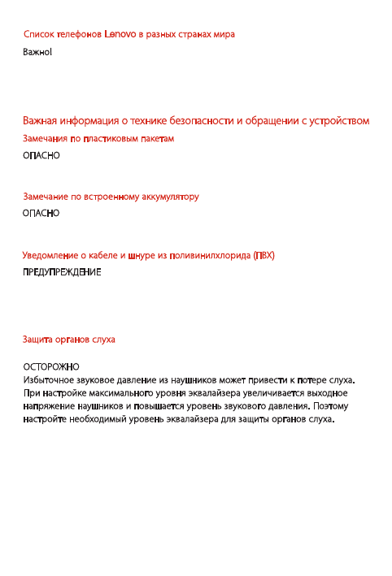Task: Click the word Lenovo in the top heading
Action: point(120,35)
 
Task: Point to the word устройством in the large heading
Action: point(336,121)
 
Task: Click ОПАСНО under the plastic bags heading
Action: point(41,154)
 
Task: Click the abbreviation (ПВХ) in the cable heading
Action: point(264,255)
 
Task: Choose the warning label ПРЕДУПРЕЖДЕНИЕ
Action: point(61,271)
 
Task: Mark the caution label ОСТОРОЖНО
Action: point(50,366)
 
